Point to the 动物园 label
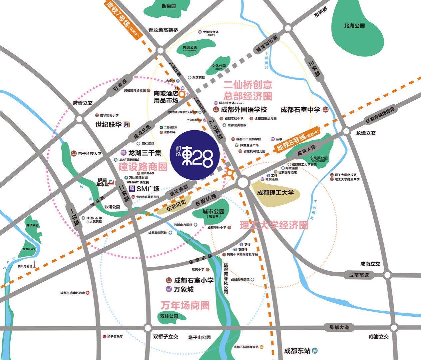click(x=169, y=6)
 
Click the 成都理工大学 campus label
click(x=275, y=192)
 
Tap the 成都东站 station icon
click(x=315, y=351)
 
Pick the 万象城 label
click(x=184, y=289)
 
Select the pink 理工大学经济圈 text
click(x=274, y=225)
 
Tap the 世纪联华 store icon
click(x=127, y=125)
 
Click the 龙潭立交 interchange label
click(x=366, y=133)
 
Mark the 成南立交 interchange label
click(x=370, y=264)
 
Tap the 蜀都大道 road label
click(x=339, y=327)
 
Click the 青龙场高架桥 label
click(x=163, y=30)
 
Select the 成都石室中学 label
click(x=300, y=109)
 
